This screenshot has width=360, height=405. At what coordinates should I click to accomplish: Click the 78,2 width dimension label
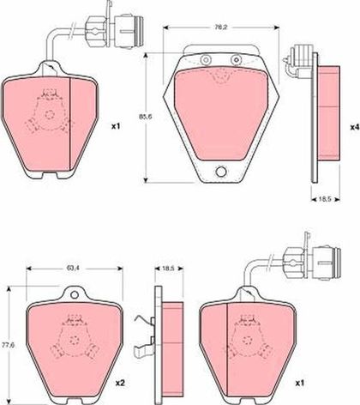219,27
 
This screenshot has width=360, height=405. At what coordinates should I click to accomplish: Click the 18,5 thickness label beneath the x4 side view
324,199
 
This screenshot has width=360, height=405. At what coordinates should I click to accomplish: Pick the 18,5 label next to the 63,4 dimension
169,269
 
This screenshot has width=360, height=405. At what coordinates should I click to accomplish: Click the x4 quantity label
355,126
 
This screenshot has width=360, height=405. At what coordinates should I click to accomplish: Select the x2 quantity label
120,383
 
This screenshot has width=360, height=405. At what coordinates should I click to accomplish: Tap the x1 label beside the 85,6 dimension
116,126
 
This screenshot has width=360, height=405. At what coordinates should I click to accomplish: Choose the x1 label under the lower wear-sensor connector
299,384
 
